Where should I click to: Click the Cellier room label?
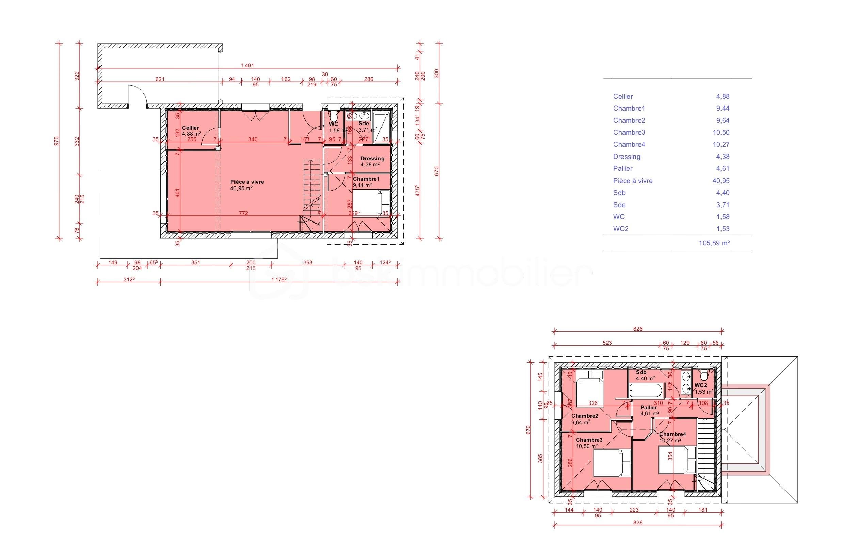tap(190, 128)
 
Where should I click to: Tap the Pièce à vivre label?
tap(247, 182)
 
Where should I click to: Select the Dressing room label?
tap(372, 158)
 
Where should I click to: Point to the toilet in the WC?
tap(334, 116)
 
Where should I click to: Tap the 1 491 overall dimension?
tap(247, 66)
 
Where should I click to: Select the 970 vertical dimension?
tap(57, 141)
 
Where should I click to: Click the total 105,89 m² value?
tap(714, 243)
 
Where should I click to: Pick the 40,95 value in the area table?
tap(720, 181)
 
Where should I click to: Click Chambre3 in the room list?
tap(629, 133)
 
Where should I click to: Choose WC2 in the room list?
tap(620, 229)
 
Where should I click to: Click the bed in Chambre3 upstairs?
tap(611, 463)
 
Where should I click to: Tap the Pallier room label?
tap(648, 407)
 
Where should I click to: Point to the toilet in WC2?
tap(704, 375)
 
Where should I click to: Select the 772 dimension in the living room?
tap(243, 213)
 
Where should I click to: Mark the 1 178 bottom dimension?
tap(279, 280)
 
